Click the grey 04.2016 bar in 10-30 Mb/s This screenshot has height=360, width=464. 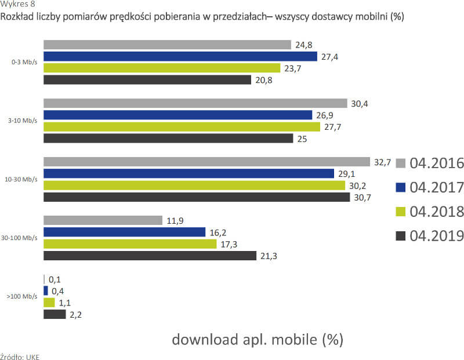206,162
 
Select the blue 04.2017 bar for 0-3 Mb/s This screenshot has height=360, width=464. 180,56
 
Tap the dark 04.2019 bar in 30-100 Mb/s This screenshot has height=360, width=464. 150,256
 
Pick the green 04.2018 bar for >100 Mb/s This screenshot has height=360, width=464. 49,303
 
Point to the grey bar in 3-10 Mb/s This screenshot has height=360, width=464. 194,103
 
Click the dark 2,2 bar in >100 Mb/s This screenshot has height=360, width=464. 55,314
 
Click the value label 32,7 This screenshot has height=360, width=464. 382,162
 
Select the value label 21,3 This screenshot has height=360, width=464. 269,256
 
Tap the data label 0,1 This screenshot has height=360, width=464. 56,279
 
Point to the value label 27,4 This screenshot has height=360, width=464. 329,56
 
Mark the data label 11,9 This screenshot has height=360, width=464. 175,220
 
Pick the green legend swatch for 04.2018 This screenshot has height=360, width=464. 400,212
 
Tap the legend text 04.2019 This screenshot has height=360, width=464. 437,235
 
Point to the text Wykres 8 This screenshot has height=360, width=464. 13,5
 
